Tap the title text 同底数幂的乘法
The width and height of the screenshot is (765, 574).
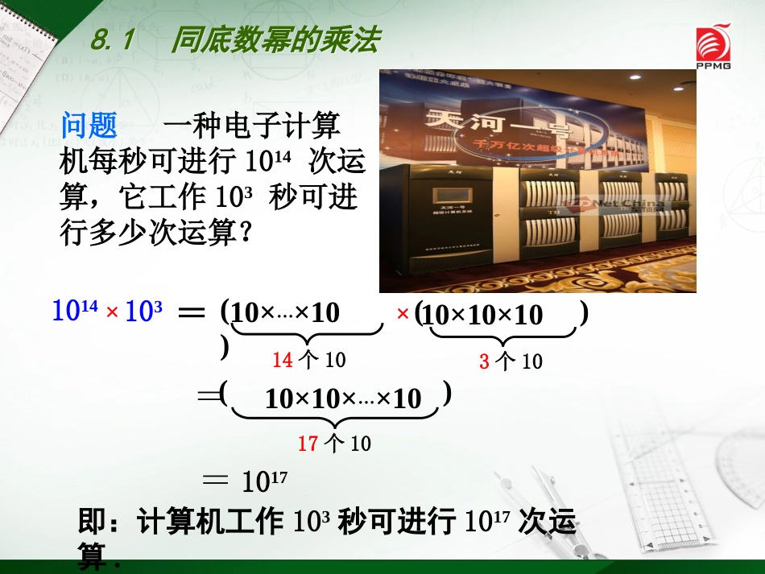[274, 41]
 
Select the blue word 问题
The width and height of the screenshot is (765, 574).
[89, 126]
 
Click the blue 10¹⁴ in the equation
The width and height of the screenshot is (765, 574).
[75, 311]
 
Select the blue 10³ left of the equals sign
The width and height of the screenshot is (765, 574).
[144, 311]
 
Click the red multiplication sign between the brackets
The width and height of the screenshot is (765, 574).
[403, 313]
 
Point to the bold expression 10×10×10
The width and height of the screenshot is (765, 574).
[482, 315]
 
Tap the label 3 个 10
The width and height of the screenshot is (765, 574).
[511, 361]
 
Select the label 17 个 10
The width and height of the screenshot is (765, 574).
[333, 443]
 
